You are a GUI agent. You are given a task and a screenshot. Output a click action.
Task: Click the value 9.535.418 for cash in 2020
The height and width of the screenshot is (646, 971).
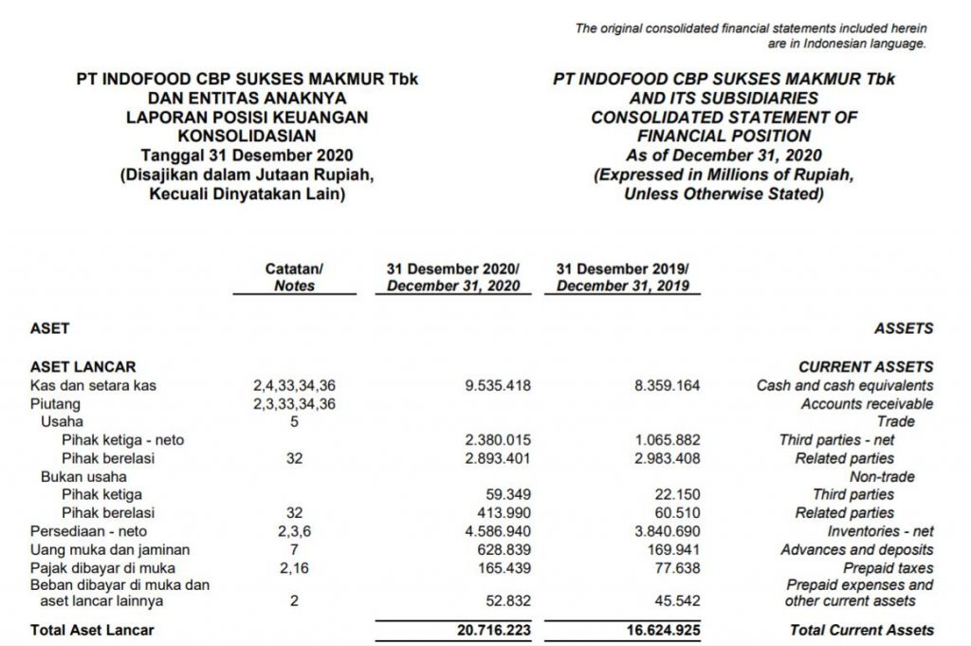(x=498, y=385)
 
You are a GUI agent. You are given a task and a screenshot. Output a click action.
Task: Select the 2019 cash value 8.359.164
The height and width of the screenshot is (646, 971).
(x=667, y=385)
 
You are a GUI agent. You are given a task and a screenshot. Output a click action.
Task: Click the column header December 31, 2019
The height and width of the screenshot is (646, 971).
(x=623, y=277)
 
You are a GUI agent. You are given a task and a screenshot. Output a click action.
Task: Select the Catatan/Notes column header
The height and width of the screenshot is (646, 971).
(x=294, y=277)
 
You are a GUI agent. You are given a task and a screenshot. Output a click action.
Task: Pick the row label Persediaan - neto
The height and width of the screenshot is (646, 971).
(x=89, y=531)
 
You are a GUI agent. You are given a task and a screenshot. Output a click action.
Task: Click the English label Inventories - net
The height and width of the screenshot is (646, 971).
(x=880, y=531)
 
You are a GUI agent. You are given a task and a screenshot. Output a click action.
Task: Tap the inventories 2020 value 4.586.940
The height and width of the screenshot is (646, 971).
(x=498, y=531)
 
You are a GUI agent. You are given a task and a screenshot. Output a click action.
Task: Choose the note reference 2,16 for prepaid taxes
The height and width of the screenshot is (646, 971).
(x=294, y=567)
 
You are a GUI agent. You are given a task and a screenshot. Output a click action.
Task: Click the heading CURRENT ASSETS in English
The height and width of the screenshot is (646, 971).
(x=866, y=366)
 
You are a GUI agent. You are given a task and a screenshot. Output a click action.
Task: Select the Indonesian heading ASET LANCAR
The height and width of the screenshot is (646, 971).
(x=83, y=366)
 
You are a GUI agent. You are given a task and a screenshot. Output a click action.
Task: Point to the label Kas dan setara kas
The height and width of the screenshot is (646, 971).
(x=94, y=385)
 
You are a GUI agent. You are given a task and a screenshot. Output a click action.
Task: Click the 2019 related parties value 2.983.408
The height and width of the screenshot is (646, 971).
(x=667, y=458)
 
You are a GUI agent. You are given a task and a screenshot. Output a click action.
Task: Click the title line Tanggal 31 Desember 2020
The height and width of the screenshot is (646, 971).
(x=247, y=154)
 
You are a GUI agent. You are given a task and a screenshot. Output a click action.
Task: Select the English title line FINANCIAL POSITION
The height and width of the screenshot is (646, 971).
(x=724, y=136)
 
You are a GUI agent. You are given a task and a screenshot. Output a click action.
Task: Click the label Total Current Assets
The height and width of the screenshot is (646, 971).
(x=861, y=630)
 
